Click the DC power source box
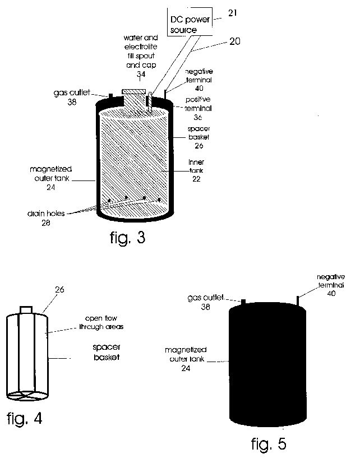point(190,22)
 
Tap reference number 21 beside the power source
point(232,13)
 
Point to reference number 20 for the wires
point(235,41)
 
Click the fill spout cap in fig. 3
point(134,91)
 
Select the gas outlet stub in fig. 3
point(110,96)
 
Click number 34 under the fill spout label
point(141,74)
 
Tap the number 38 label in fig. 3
point(72,102)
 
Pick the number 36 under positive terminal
point(198,117)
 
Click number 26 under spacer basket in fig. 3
point(199,146)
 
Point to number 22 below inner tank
point(196,179)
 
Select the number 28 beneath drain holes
point(46,223)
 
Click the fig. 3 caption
point(128,238)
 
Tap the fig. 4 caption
point(25,419)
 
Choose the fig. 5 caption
point(269,444)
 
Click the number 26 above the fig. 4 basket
point(59,290)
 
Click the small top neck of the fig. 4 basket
point(26,310)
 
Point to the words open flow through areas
point(101,322)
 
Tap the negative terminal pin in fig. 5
point(298,301)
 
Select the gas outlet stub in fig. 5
point(243,302)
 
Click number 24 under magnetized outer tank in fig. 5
point(186,368)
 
